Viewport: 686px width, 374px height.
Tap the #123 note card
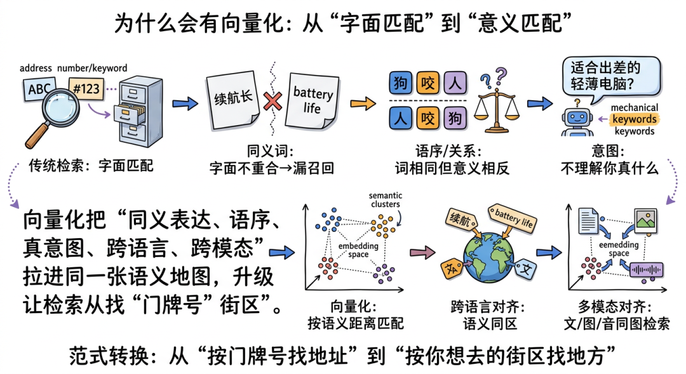coord(86,88)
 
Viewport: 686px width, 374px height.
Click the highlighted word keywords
coord(633,119)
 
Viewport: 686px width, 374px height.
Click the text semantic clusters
coord(385,200)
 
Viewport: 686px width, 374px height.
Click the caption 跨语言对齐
coord(487,307)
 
